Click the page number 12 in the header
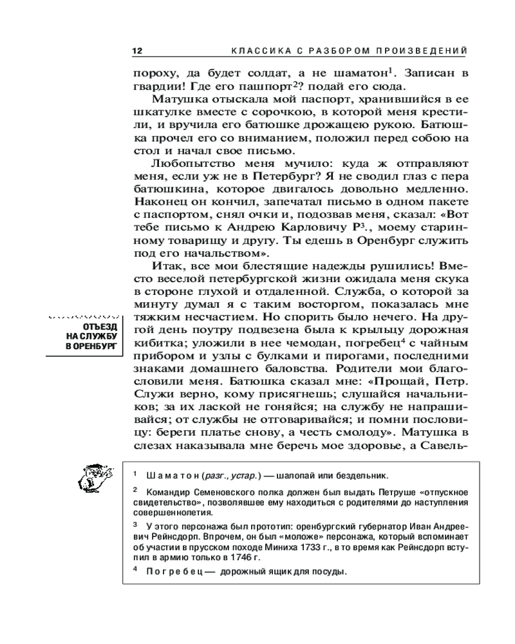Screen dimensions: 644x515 tap(136, 51)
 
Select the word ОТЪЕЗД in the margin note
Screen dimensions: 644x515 tap(100, 327)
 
